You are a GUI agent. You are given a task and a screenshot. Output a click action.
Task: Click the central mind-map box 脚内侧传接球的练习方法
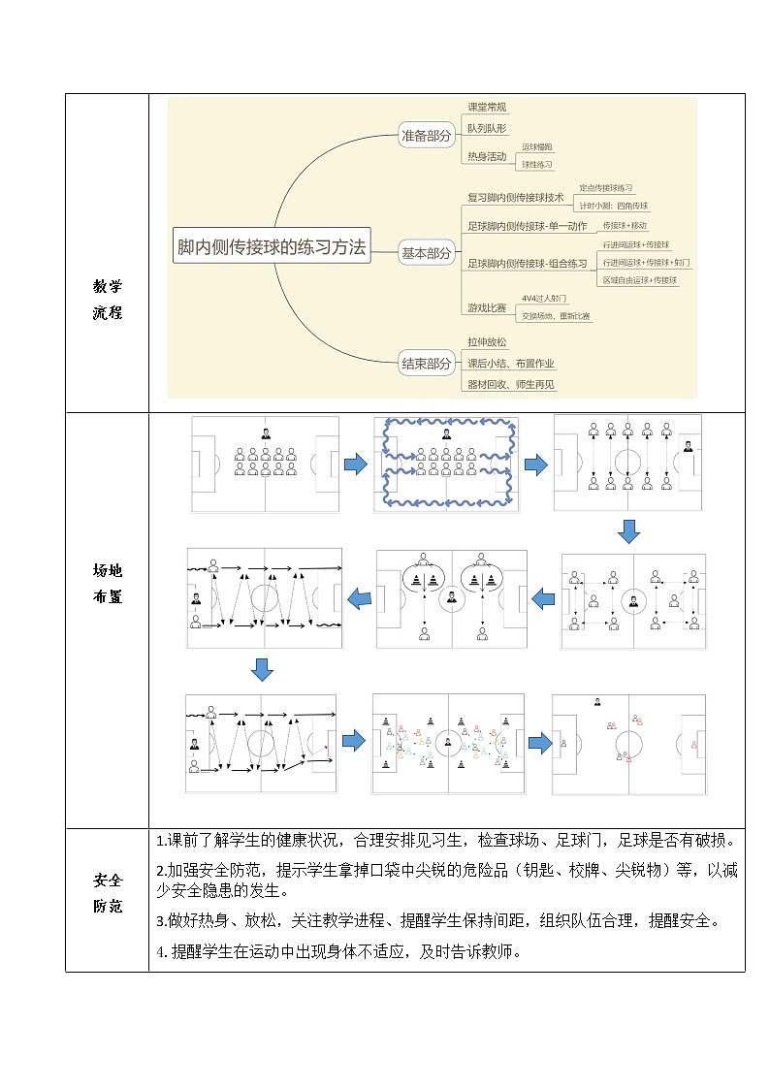(x=272, y=248)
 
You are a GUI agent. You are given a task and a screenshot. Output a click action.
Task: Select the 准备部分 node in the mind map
(x=427, y=137)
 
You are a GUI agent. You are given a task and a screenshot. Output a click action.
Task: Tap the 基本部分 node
(x=427, y=254)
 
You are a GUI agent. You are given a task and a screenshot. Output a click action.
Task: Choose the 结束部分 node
(x=427, y=365)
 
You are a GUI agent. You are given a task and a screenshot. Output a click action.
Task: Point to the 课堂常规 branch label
(x=487, y=108)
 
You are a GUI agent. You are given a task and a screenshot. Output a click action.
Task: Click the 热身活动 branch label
(x=487, y=156)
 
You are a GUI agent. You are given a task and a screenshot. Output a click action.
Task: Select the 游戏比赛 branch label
(x=487, y=307)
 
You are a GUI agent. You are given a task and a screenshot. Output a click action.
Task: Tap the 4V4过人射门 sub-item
(x=544, y=299)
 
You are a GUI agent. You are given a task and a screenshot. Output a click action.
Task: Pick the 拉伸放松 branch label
(x=487, y=342)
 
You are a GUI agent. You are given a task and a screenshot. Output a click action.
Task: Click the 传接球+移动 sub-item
(x=625, y=225)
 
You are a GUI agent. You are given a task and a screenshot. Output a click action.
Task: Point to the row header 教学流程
(x=108, y=300)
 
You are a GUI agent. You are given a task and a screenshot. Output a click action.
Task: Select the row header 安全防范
(x=108, y=893)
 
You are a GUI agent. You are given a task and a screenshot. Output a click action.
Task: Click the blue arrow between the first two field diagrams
(x=356, y=465)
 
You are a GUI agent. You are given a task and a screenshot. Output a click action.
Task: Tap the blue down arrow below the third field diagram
(x=629, y=531)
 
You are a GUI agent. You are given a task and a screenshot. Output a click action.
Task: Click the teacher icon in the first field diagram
(x=265, y=433)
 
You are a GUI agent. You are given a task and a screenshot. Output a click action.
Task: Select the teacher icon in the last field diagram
(x=597, y=702)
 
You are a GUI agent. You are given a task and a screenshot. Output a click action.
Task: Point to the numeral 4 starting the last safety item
(x=160, y=951)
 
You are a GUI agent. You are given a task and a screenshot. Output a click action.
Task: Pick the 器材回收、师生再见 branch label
(x=511, y=385)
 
